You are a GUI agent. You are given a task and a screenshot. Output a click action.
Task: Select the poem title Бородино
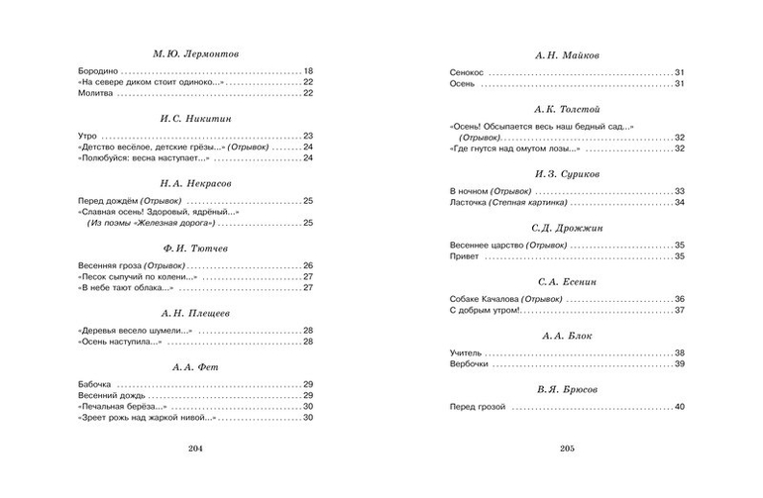click(x=97, y=71)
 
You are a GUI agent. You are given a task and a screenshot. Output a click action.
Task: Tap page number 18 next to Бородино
click(x=308, y=71)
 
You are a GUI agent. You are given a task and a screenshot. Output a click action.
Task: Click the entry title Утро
click(x=87, y=136)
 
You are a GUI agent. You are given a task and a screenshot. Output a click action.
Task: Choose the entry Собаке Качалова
click(x=487, y=300)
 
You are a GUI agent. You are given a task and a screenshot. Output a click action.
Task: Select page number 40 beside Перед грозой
click(x=680, y=407)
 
